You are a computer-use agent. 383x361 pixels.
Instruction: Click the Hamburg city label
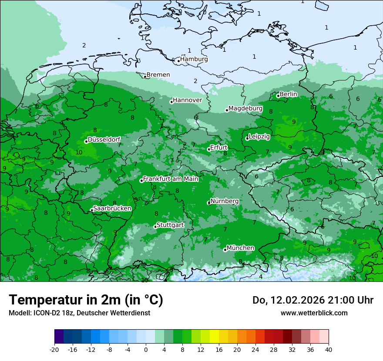(194, 59)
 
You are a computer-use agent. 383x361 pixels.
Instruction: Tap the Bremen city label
(158, 75)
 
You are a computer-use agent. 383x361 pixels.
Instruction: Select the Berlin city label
(288, 94)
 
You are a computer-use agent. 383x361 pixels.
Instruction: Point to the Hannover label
(188, 100)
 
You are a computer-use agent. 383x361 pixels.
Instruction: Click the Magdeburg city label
(245, 108)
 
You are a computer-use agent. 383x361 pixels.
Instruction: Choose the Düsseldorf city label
(104, 140)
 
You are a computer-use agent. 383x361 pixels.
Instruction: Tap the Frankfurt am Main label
(171, 179)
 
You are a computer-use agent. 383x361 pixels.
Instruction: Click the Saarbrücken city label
(112, 208)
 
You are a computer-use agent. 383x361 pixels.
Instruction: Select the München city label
(240, 248)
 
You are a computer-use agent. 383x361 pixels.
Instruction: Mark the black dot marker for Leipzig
(247, 138)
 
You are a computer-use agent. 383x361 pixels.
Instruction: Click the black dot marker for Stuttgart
(155, 227)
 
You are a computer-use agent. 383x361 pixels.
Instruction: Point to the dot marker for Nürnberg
(209, 203)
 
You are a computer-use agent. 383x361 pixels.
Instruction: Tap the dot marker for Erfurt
(209, 149)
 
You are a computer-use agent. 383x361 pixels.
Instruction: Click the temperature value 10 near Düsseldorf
(79, 152)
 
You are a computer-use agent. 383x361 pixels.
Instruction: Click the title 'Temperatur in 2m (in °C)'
(86, 300)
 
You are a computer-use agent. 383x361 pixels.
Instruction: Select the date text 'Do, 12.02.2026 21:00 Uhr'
(313, 300)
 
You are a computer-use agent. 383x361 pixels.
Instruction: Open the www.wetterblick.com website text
(314, 313)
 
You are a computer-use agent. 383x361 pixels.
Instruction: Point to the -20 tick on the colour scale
(54, 350)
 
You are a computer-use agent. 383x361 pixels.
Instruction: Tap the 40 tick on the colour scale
(329, 350)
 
